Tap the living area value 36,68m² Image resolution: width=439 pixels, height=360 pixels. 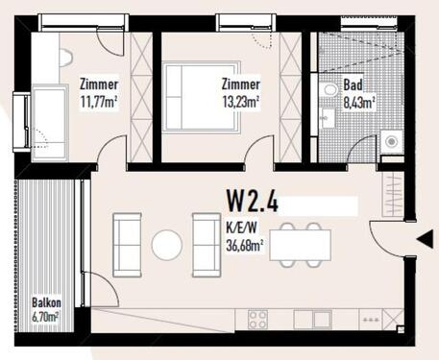tap(247, 244)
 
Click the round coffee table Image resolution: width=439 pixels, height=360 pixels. tap(166, 244)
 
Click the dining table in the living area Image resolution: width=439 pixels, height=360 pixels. tap(301, 245)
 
